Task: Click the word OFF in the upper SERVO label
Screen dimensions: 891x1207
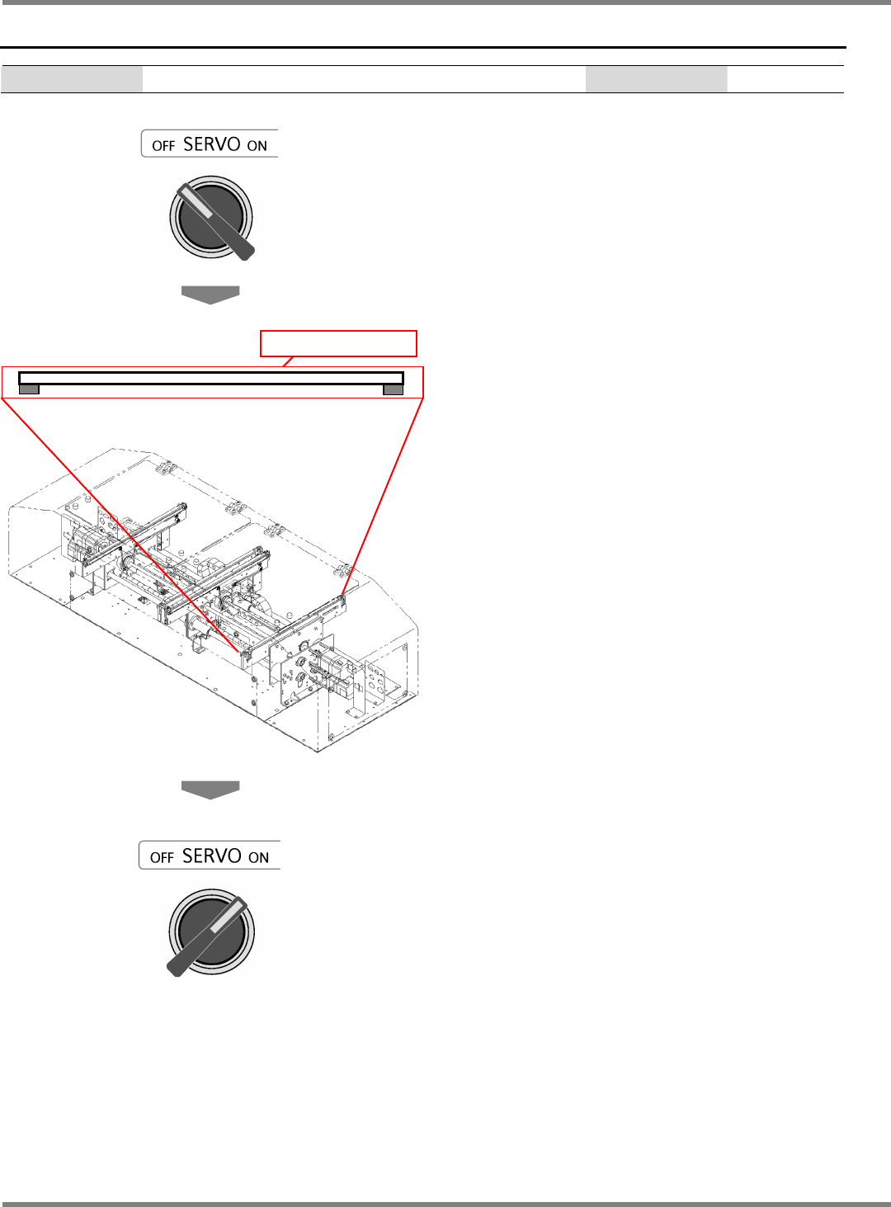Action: tap(163, 146)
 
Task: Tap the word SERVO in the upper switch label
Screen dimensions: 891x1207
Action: tap(211, 144)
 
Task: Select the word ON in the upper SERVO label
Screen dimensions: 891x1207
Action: tap(257, 146)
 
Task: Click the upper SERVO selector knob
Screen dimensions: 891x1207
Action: tap(211, 217)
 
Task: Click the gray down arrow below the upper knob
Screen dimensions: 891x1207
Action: tap(210, 295)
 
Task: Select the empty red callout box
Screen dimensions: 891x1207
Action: tap(338, 343)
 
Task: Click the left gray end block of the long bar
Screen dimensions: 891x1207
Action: tap(29, 389)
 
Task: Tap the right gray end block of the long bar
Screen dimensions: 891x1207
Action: tap(394, 389)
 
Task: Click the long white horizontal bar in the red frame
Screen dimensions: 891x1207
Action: tap(211, 378)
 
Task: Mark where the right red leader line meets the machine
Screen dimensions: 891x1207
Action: tap(343, 595)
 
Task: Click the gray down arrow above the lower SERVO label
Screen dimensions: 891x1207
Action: tap(210, 790)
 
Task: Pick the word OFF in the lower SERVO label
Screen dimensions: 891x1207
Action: tap(162, 857)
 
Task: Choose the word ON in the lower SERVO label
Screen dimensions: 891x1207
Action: tap(258, 857)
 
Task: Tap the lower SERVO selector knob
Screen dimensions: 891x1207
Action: tap(211, 932)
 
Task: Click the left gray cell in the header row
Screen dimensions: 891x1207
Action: tap(72, 79)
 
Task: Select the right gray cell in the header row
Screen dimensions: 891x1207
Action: tap(656, 79)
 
